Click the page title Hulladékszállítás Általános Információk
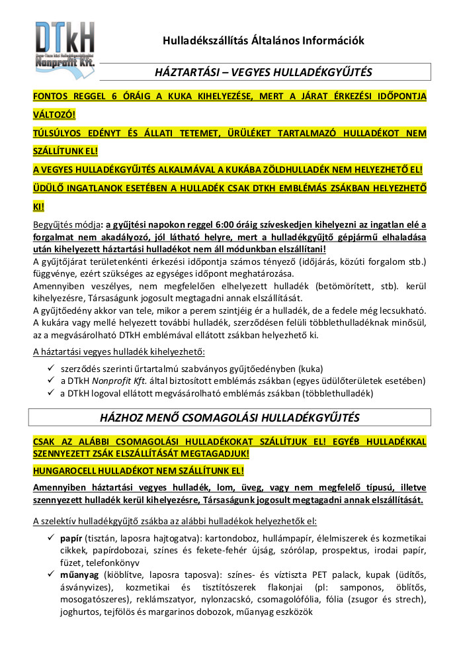pyautogui.click(x=263, y=41)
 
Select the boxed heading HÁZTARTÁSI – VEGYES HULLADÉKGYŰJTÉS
pyautogui.click(x=263, y=71)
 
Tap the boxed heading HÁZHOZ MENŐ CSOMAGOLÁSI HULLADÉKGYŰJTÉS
pyautogui.click(x=230, y=418)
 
